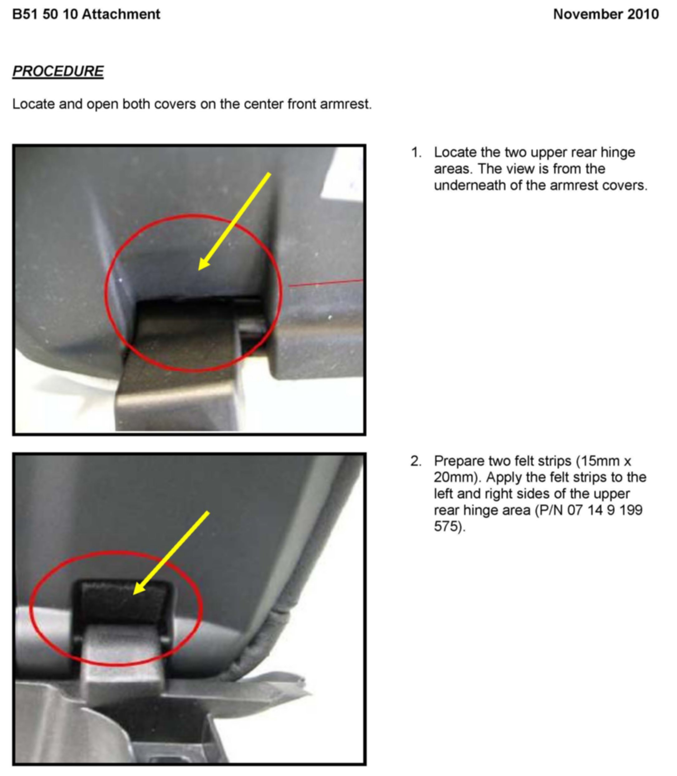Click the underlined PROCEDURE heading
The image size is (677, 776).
click(58, 71)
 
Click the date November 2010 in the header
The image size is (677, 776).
click(606, 14)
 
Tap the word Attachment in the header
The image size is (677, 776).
click(121, 14)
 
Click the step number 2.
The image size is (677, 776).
click(416, 461)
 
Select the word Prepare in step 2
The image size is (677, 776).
click(459, 461)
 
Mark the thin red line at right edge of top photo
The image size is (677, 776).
click(326, 283)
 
